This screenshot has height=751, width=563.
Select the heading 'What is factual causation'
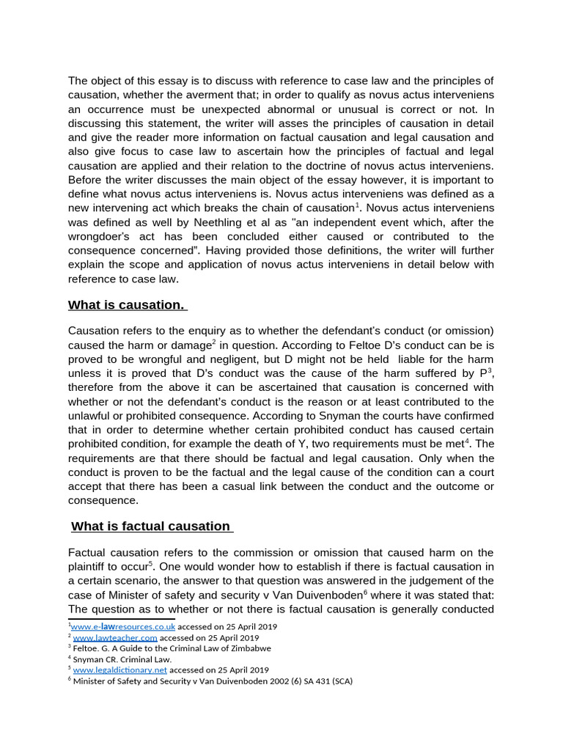(x=151, y=526)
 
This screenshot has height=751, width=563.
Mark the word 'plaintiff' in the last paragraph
(x=92, y=567)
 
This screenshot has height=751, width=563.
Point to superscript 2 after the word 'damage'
(x=214, y=342)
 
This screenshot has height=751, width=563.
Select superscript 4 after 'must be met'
(x=468, y=441)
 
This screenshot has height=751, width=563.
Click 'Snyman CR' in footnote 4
(x=92, y=659)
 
